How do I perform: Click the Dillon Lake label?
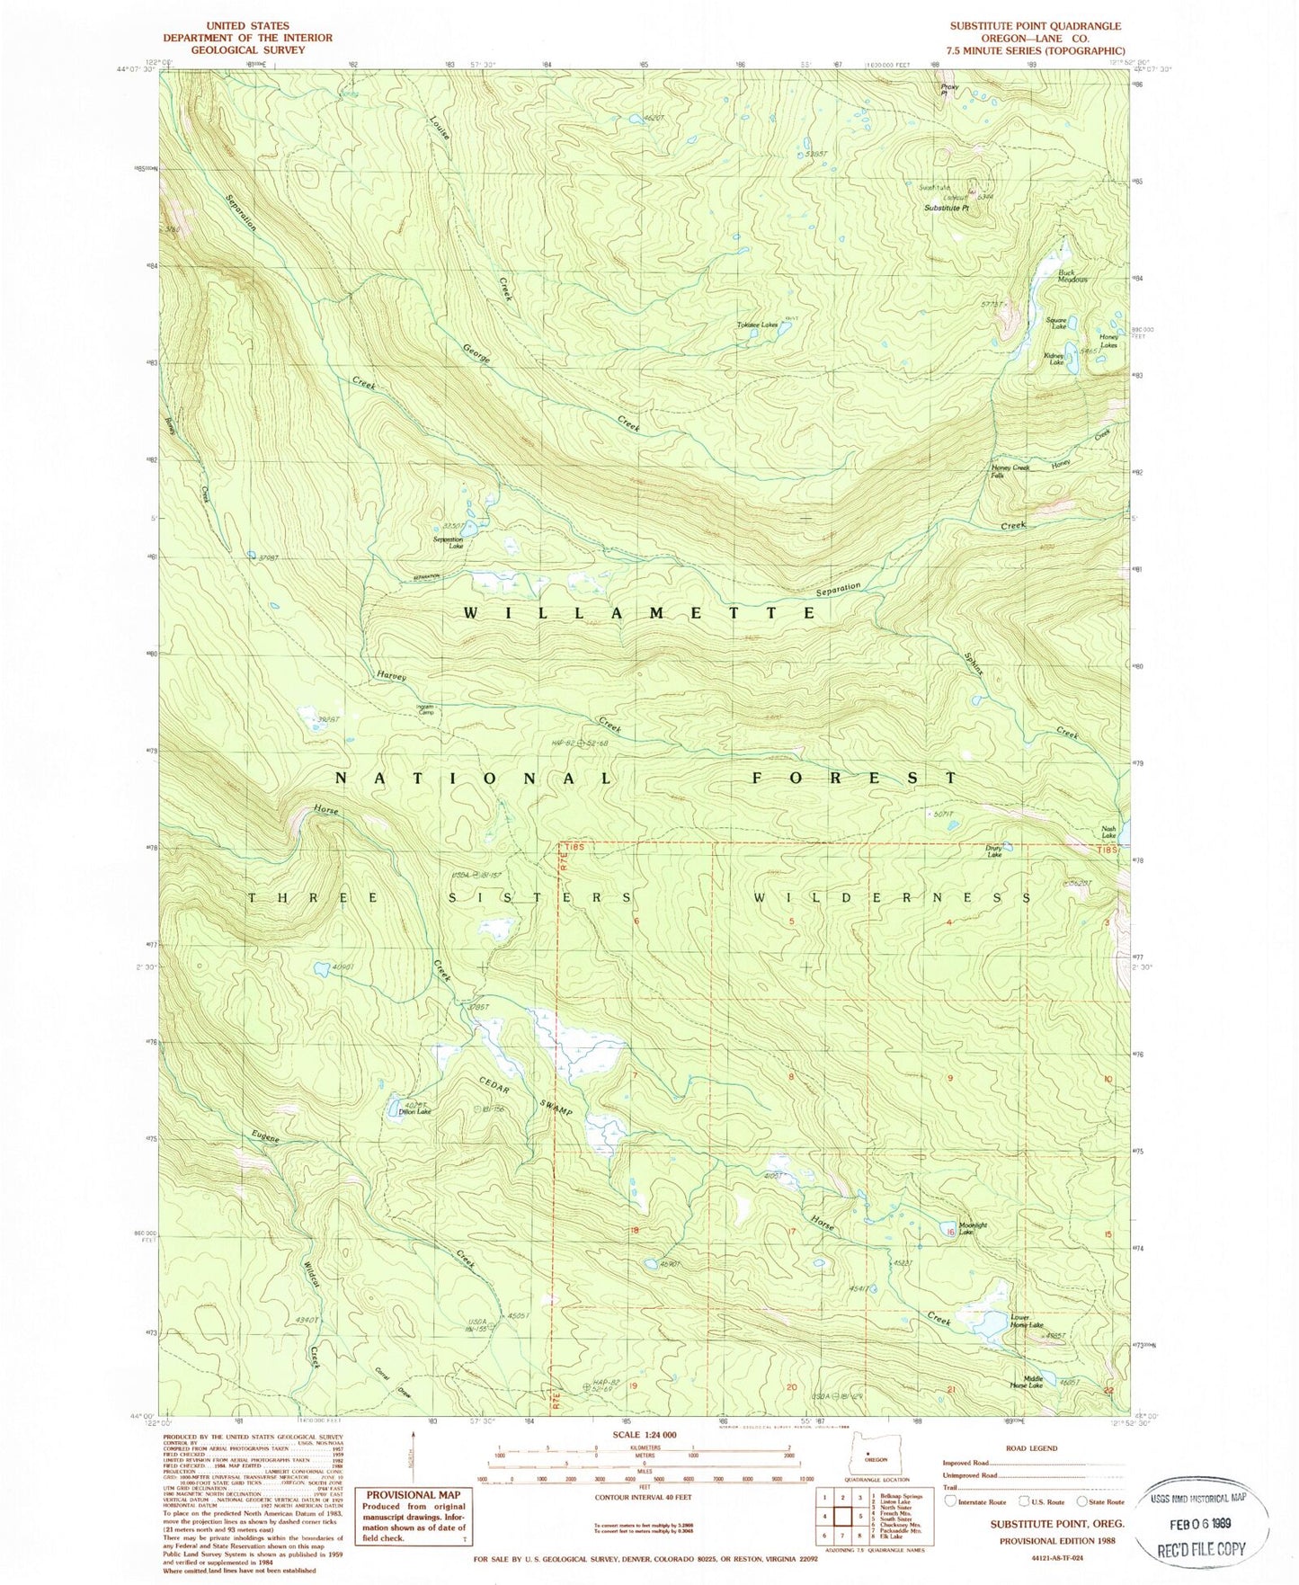414,1112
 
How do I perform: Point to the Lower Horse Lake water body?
990,1323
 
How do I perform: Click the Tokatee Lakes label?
757,325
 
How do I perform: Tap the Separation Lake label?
448,543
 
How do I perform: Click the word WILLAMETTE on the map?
641,612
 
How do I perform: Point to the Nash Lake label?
1108,833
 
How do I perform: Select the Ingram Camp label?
425,710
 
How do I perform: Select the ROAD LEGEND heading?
1032,1448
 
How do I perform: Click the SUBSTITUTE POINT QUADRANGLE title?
1035,26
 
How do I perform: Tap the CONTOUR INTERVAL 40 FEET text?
644,1497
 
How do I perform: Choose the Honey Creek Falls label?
1010,471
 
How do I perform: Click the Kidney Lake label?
1054,359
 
